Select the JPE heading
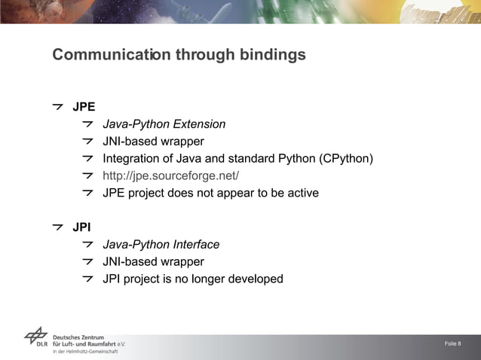coord(83,106)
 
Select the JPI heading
coord(81,227)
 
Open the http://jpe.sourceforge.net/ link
coord(170,176)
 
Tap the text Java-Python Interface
coord(161,245)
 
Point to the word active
coord(301,194)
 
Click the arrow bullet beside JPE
coord(57,106)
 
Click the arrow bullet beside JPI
coord(57,227)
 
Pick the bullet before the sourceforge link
coord(88,176)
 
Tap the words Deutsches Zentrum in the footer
coord(79,337)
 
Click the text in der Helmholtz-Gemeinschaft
coord(84,352)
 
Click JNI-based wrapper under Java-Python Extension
coord(153,142)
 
